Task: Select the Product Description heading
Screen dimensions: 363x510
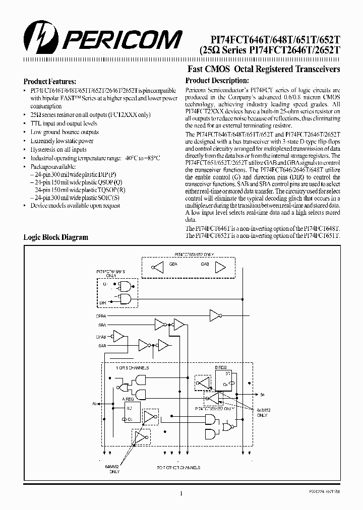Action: click(x=217, y=81)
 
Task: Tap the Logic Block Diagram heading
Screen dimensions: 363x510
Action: click(x=56, y=237)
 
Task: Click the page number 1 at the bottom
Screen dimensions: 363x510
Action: click(x=180, y=494)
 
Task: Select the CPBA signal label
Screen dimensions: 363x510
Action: click(x=101, y=315)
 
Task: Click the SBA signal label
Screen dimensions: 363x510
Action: click(x=102, y=325)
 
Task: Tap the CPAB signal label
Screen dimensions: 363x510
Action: click(x=101, y=336)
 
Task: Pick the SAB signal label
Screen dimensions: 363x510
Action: click(x=102, y=345)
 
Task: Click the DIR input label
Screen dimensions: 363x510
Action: click(x=103, y=302)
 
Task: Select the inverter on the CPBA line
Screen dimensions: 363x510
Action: click(x=215, y=316)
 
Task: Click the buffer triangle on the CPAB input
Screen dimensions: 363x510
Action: click(x=118, y=336)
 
